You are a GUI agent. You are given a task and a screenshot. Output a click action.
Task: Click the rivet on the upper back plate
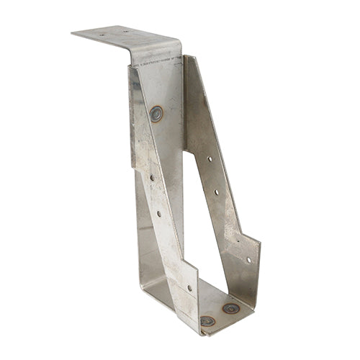pyautogui.click(x=156, y=112)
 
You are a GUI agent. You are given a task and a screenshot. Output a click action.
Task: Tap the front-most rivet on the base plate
pyautogui.click(x=207, y=321)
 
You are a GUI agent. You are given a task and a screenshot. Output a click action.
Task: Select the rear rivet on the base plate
pyautogui.click(x=230, y=308)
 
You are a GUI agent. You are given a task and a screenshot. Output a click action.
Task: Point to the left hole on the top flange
pyautogui.click(x=102, y=33)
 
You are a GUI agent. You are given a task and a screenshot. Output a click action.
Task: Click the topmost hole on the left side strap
pyautogui.click(x=151, y=176)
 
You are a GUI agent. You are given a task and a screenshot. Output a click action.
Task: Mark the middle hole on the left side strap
pyautogui.click(x=159, y=213)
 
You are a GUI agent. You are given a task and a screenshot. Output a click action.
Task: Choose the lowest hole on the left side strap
pyautogui.click(x=189, y=287)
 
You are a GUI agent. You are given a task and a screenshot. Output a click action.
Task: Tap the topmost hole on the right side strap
pyautogui.click(x=210, y=158)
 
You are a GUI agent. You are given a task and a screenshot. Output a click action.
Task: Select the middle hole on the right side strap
pyautogui.click(x=217, y=193)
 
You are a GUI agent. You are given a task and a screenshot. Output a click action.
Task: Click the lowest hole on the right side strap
pyautogui.click(x=248, y=260)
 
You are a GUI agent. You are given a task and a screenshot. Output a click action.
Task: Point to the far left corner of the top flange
pyautogui.click(x=72, y=32)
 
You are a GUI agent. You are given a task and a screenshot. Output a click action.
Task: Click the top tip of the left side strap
pyautogui.click(x=131, y=66)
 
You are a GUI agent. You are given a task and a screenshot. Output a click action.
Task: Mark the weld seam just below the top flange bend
pyautogui.click(x=155, y=61)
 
